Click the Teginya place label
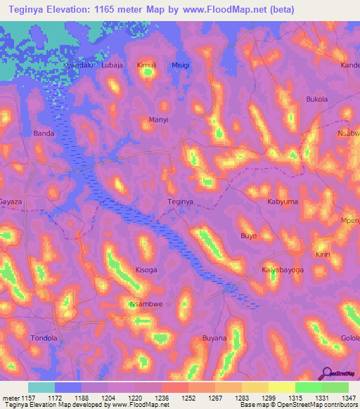click(180, 202)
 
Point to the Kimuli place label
click(146, 65)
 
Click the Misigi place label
click(181, 65)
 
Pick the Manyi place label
click(159, 120)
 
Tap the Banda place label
click(44, 133)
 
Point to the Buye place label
click(249, 236)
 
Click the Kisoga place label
click(146, 270)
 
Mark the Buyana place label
click(214, 338)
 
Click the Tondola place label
click(44, 338)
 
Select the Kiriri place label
click(323, 254)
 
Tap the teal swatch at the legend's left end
click(41, 387)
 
